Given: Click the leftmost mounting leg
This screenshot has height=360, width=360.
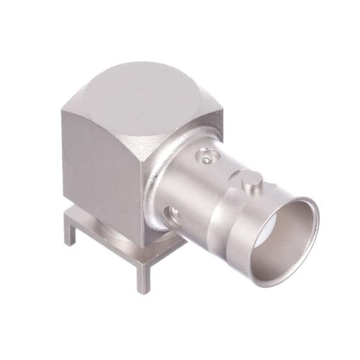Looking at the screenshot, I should [70, 231].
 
